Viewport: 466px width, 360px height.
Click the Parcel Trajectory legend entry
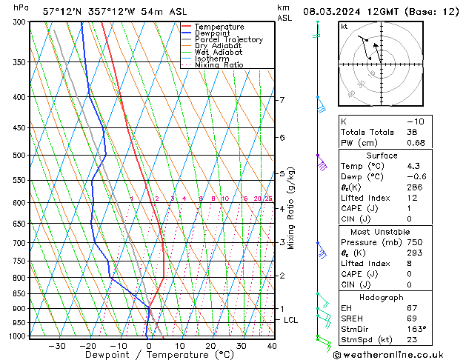pyautogui.click(x=228, y=39)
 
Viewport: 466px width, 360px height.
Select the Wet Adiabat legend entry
pyautogui.click(x=219, y=53)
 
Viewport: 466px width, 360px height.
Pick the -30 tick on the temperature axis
pyautogui.click(x=56, y=346)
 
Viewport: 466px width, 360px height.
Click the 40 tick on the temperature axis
pyautogui.click(x=272, y=346)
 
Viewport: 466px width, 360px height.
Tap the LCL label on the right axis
pyautogui.click(x=291, y=320)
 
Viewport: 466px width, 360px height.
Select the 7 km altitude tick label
pyautogui.click(x=282, y=100)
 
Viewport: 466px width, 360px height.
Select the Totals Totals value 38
pyautogui.click(x=412, y=132)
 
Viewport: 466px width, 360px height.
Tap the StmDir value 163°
pyautogui.click(x=415, y=329)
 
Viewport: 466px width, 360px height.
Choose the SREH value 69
pyautogui.click(x=412, y=318)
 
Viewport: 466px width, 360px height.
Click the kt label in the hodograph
pyautogui.click(x=344, y=26)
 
